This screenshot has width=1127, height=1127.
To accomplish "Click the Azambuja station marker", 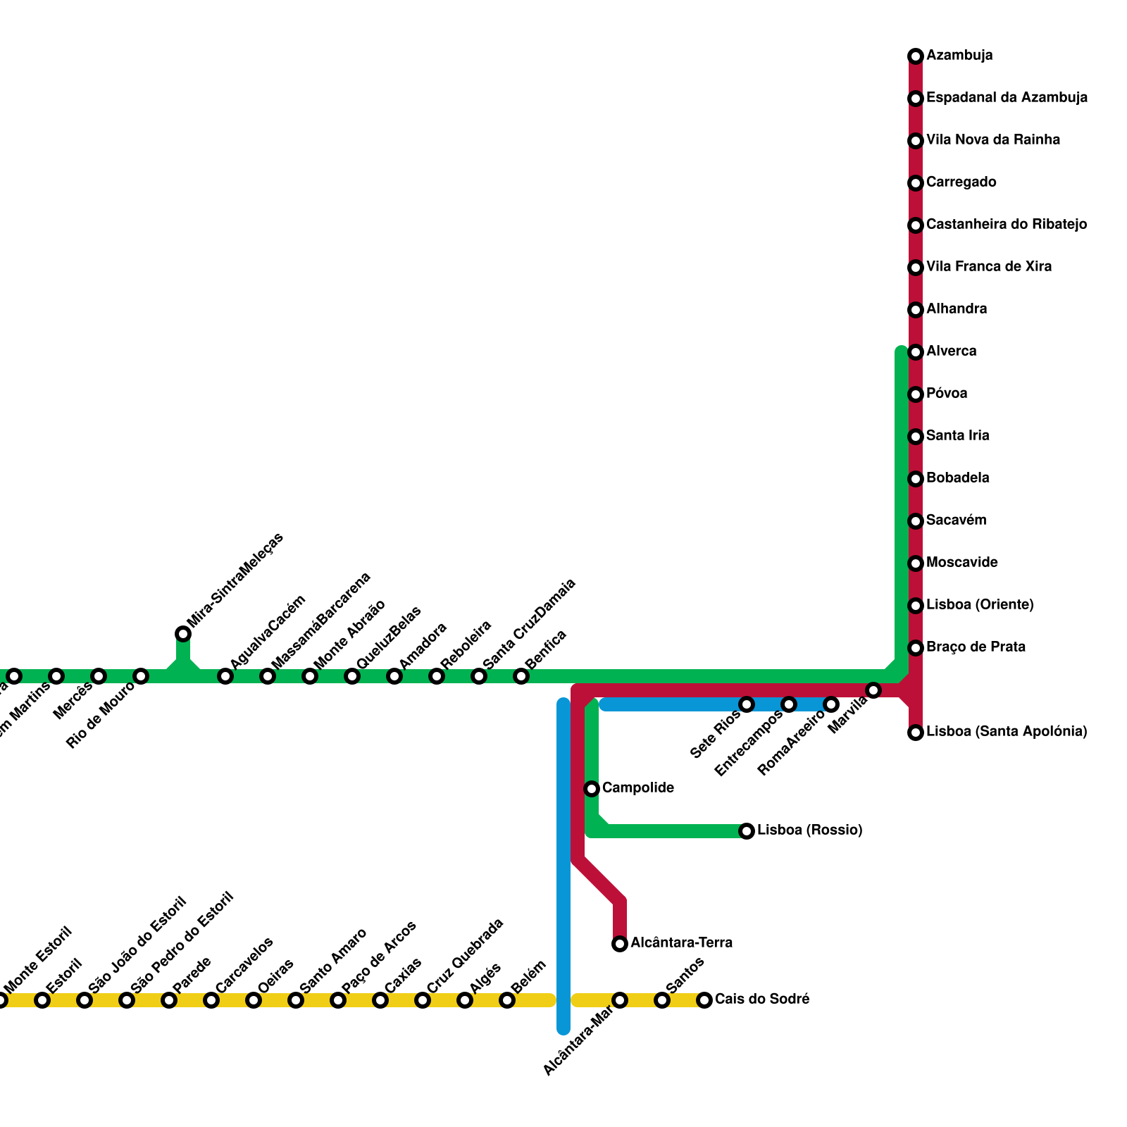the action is (x=916, y=56).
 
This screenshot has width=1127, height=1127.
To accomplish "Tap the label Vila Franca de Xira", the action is (x=988, y=267).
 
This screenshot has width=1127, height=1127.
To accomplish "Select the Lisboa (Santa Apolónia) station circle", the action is (x=916, y=733).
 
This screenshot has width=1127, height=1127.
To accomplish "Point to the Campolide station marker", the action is (x=592, y=789).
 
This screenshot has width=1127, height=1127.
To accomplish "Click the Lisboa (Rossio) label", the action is (x=809, y=830).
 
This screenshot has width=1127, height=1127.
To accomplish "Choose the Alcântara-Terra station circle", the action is (x=620, y=944).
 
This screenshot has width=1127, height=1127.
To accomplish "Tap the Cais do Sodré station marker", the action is (x=704, y=1000).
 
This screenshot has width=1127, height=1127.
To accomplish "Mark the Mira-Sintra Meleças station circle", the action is (x=183, y=634).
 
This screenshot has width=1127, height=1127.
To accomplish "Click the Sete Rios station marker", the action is (x=747, y=704).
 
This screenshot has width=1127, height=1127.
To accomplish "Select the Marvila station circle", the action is (x=873, y=690).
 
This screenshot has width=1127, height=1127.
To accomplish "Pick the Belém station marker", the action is (x=507, y=1000).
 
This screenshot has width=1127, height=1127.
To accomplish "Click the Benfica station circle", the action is (x=521, y=676).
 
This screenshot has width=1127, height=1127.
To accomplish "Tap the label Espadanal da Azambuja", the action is (x=1007, y=98).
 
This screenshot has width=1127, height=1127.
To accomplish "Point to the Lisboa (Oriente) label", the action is (x=979, y=605).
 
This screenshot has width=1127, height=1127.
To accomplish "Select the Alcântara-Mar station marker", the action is (x=620, y=1000).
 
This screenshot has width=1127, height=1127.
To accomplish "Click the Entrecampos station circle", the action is (x=789, y=704).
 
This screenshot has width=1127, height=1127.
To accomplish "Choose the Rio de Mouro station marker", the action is (x=141, y=676).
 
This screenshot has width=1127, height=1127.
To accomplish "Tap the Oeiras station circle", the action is (x=254, y=1000).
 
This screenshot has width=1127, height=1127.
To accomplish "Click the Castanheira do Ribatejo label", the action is (x=1006, y=225).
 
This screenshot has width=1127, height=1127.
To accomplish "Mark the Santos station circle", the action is (x=662, y=1000).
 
